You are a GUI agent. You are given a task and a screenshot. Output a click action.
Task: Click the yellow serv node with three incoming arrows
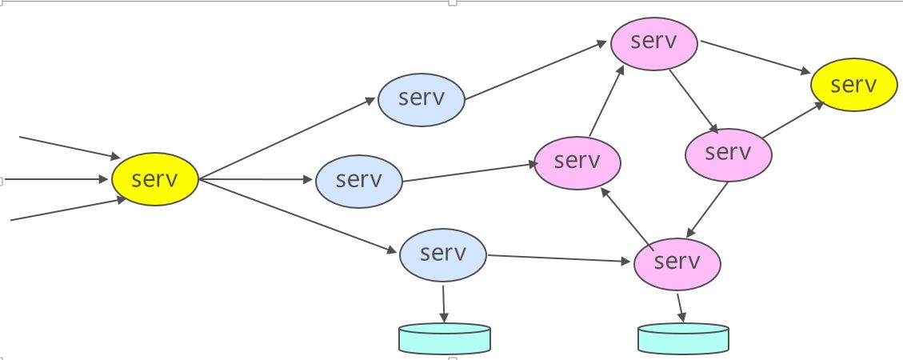154,180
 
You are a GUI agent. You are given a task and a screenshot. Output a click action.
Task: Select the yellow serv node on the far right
853,84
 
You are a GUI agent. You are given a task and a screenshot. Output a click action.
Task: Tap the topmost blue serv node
421,99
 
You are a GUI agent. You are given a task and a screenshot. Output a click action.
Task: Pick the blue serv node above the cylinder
442,254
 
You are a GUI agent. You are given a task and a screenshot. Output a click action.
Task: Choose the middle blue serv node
359,180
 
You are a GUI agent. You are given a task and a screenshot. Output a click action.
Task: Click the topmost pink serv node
654,42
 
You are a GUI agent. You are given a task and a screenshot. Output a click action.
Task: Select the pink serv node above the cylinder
677,262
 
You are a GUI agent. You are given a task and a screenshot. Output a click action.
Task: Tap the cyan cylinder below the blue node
444,338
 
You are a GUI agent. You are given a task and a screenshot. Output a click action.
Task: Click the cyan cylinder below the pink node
683,338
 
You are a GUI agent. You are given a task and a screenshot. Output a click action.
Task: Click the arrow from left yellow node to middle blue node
256,180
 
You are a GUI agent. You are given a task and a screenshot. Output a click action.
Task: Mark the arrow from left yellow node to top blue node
288,139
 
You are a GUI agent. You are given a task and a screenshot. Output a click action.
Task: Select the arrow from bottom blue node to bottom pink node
560,258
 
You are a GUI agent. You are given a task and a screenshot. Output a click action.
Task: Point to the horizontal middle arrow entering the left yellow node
56,179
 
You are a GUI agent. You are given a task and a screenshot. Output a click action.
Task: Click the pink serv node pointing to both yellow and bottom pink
728,152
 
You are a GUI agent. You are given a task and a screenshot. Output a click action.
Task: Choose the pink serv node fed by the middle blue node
577,161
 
